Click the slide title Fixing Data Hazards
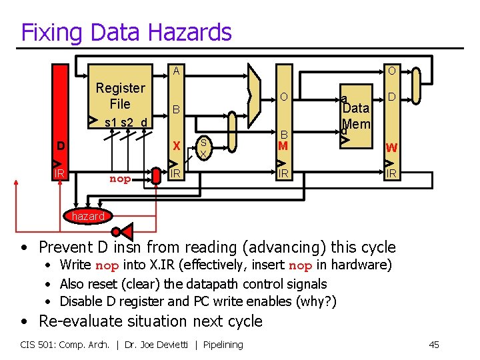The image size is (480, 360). [x=126, y=32]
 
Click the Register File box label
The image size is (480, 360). [x=120, y=96]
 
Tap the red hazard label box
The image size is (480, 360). [x=88, y=216]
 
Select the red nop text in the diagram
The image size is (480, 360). [x=120, y=179]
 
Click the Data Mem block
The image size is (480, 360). [x=355, y=115]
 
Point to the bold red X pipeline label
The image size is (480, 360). [x=176, y=146]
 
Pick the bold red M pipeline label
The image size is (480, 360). [x=283, y=146]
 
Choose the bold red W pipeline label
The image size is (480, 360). [x=391, y=147]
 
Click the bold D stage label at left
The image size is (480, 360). [x=61, y=146]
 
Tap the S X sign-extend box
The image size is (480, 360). [x=204, y=147]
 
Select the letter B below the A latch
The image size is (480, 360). [x=176, y=109]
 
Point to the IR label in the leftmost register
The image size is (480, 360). [x=59, y=173]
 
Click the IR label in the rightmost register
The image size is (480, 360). [x=391, y=173]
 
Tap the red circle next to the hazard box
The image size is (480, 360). [x=116, y=231]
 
